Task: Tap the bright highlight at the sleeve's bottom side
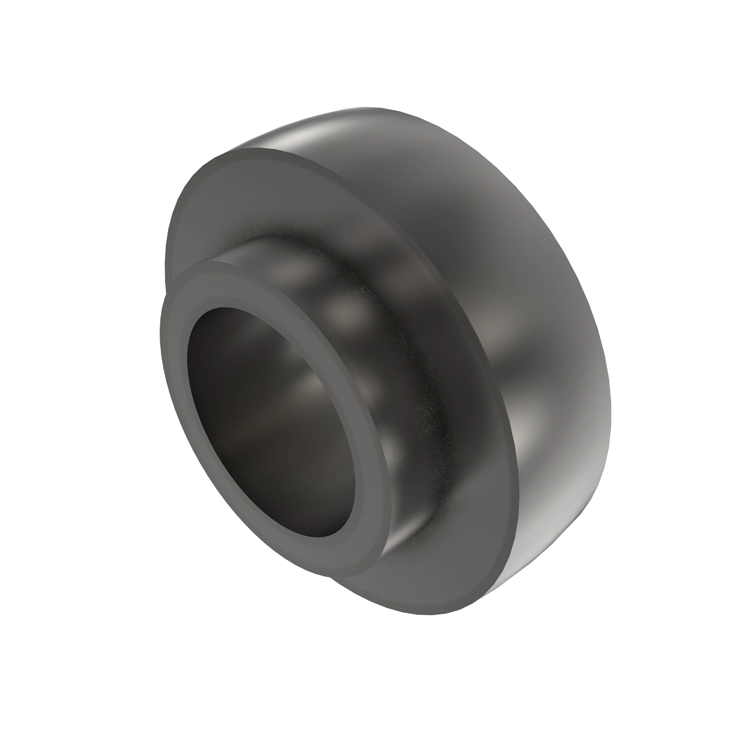tap(404, 538)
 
